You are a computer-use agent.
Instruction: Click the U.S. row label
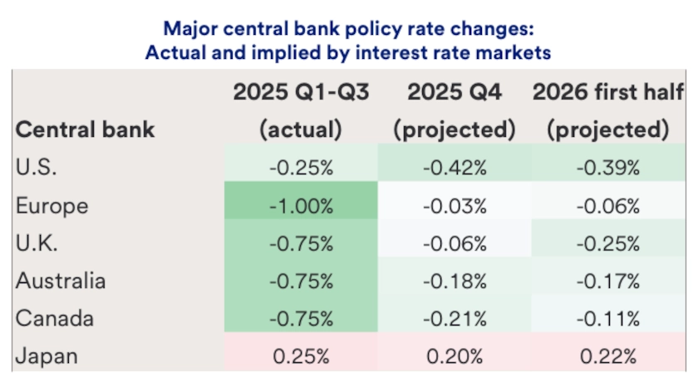tap(37, 167)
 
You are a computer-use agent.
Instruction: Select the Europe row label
tap(51, 205)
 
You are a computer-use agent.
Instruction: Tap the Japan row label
tap(47, 357)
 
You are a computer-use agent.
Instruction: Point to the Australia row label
tap(61, 281)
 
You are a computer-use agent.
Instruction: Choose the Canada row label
tap(54, 319)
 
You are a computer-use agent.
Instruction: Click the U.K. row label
tap(36, 243)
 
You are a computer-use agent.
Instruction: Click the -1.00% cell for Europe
tap(301, 205)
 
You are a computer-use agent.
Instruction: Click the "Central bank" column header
tap(86, 130)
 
